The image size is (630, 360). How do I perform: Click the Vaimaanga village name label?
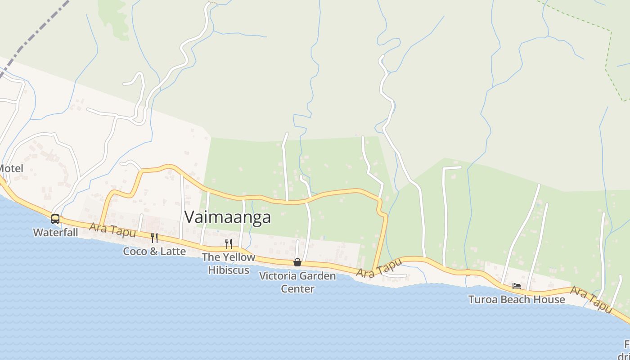point(228,217)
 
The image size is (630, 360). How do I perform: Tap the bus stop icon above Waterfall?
point(55,219)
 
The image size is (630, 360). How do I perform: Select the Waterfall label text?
point(55,233)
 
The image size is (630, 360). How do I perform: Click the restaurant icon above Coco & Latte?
point(154,238)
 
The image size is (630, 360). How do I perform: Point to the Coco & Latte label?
point(154,251)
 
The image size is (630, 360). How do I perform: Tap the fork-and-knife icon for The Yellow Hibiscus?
point(229,244)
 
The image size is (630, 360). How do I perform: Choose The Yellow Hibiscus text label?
point(229,264)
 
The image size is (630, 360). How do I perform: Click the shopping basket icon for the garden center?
point(297,262)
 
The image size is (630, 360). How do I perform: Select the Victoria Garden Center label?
point(297,282)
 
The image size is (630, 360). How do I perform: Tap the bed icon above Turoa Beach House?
point(517,286)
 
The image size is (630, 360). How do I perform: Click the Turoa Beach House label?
point(517,299)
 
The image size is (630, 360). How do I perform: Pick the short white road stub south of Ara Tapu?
point(396,275)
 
